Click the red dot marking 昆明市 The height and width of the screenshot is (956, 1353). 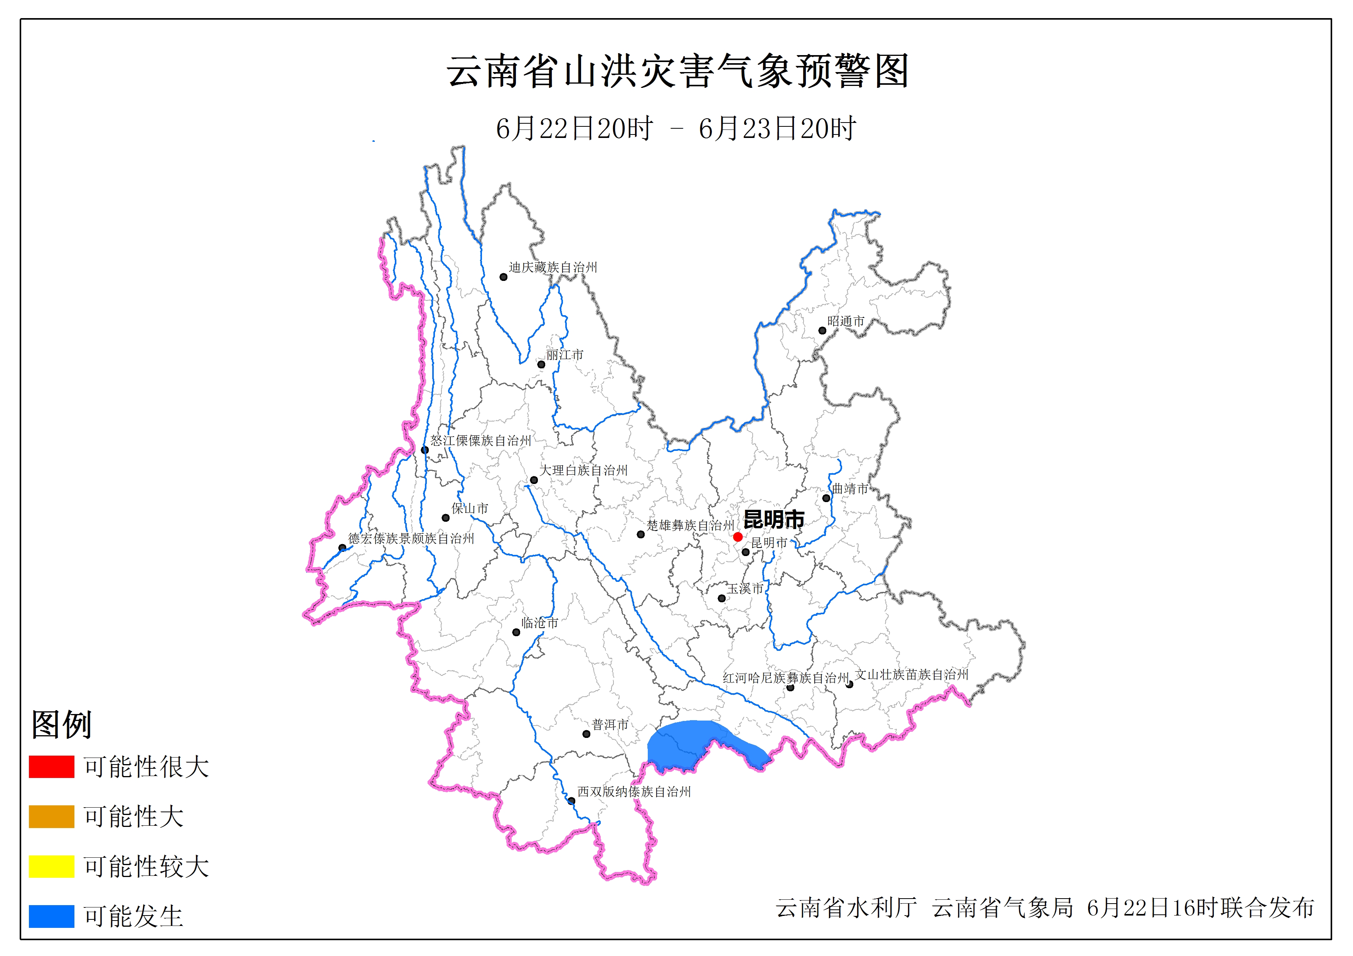(x=738, y=537)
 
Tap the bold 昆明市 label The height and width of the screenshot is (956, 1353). (x=774, y=519)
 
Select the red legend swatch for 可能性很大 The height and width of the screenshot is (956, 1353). (x=51, y=766)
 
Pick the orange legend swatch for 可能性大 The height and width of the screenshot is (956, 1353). (x=51, y=817)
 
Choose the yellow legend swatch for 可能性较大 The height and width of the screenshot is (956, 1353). (x=51, y=866)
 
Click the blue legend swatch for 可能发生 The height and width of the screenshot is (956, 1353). (x=51, y=916)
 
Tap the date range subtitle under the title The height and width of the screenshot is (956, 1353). (x=676, y=128)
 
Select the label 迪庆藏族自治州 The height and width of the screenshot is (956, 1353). (x=553, y=267)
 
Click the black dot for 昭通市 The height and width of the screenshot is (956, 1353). (x=822, y=331)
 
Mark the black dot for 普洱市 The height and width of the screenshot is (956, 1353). (x=586, y=734)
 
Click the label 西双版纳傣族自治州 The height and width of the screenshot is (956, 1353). (x=634, y=792)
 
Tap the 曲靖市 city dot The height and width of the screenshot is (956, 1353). (x=826, y=498)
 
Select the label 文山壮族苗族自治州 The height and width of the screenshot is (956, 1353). (x=912, y=674)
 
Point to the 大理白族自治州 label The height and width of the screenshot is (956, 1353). (x=583, y=470)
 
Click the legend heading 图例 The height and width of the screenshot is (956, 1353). (x=61, y=724)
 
